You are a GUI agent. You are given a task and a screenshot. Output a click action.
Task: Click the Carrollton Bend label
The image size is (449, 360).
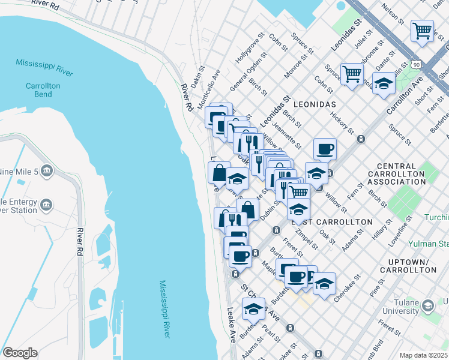pos(43,90)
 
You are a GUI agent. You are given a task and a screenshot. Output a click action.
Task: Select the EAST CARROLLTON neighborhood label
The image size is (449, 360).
pos(332,221)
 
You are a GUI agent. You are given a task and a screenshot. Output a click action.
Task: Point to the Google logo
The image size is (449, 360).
pos(20,353)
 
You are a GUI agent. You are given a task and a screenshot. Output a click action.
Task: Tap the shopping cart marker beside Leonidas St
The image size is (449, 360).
pos(352,74)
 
